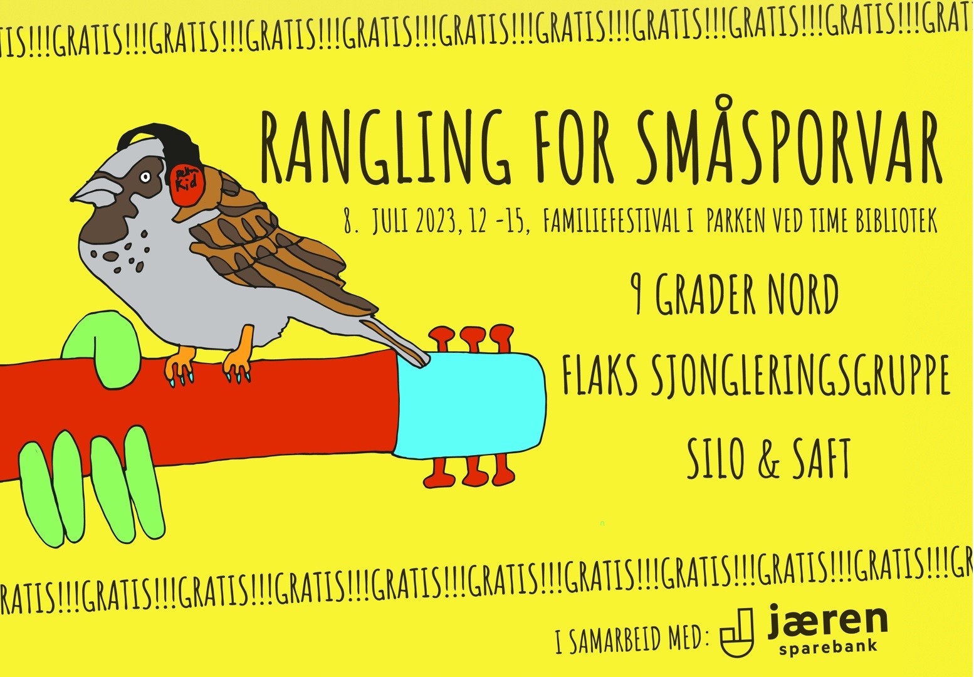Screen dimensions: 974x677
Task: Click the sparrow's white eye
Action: click(x=145, y=177)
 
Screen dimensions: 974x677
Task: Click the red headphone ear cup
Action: click(x=187, y=186)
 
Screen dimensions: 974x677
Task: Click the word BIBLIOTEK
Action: click(x=897, y=221)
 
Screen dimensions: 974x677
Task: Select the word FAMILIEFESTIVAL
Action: click(x=611, y=221)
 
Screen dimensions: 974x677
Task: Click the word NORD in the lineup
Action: click(x=803, y=295)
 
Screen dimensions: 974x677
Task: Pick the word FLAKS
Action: click(x=600, y=374)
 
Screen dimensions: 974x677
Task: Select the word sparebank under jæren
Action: click(x=829, y=646)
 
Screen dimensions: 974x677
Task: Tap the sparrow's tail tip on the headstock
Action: click(x=424, y=362)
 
